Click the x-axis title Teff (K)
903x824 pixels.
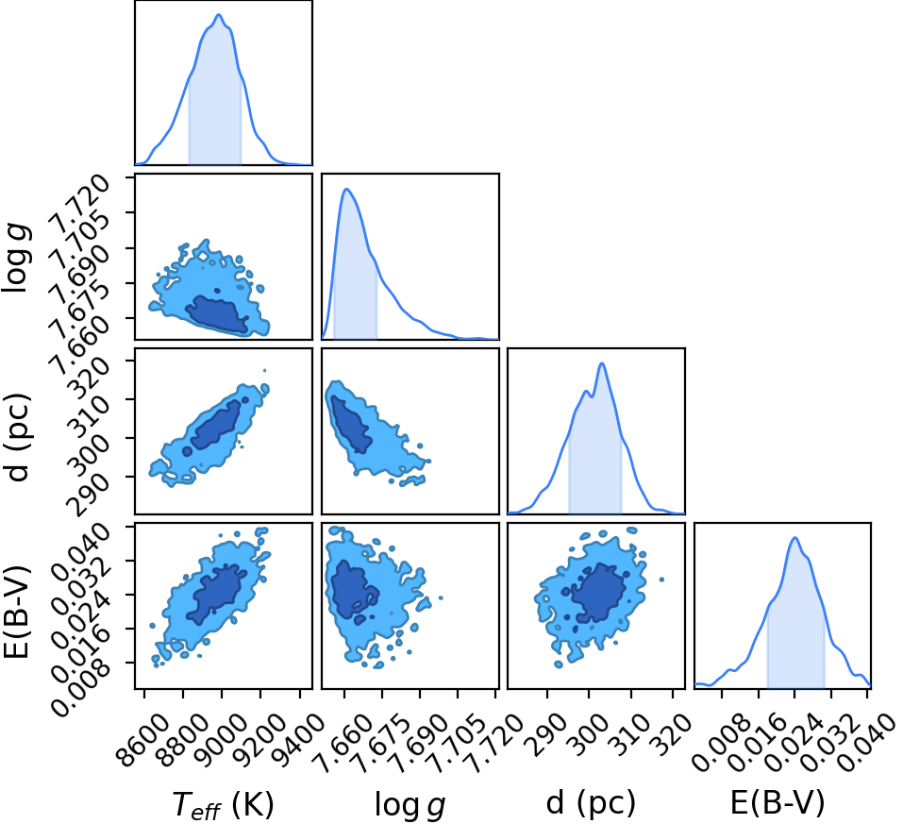click(x=223, y=803)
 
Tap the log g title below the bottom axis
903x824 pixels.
click(x=410, y=804)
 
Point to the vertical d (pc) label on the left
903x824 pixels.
click(x=17, y=438)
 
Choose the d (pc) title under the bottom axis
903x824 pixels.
click(x=591, y=802)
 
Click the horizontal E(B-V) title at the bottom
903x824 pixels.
click(x=778, y=802)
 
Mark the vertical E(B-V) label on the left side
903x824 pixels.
click(x=17, y=611)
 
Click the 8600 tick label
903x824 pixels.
click(x=145, y=740)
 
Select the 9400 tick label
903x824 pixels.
click(x=299, y=740)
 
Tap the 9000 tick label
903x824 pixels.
click(x=223, y=740)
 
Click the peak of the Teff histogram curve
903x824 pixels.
click(x=219, y=15)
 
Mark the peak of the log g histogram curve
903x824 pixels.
click(x=346, y=189)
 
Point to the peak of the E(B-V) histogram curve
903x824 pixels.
click(x=795, y=538)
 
